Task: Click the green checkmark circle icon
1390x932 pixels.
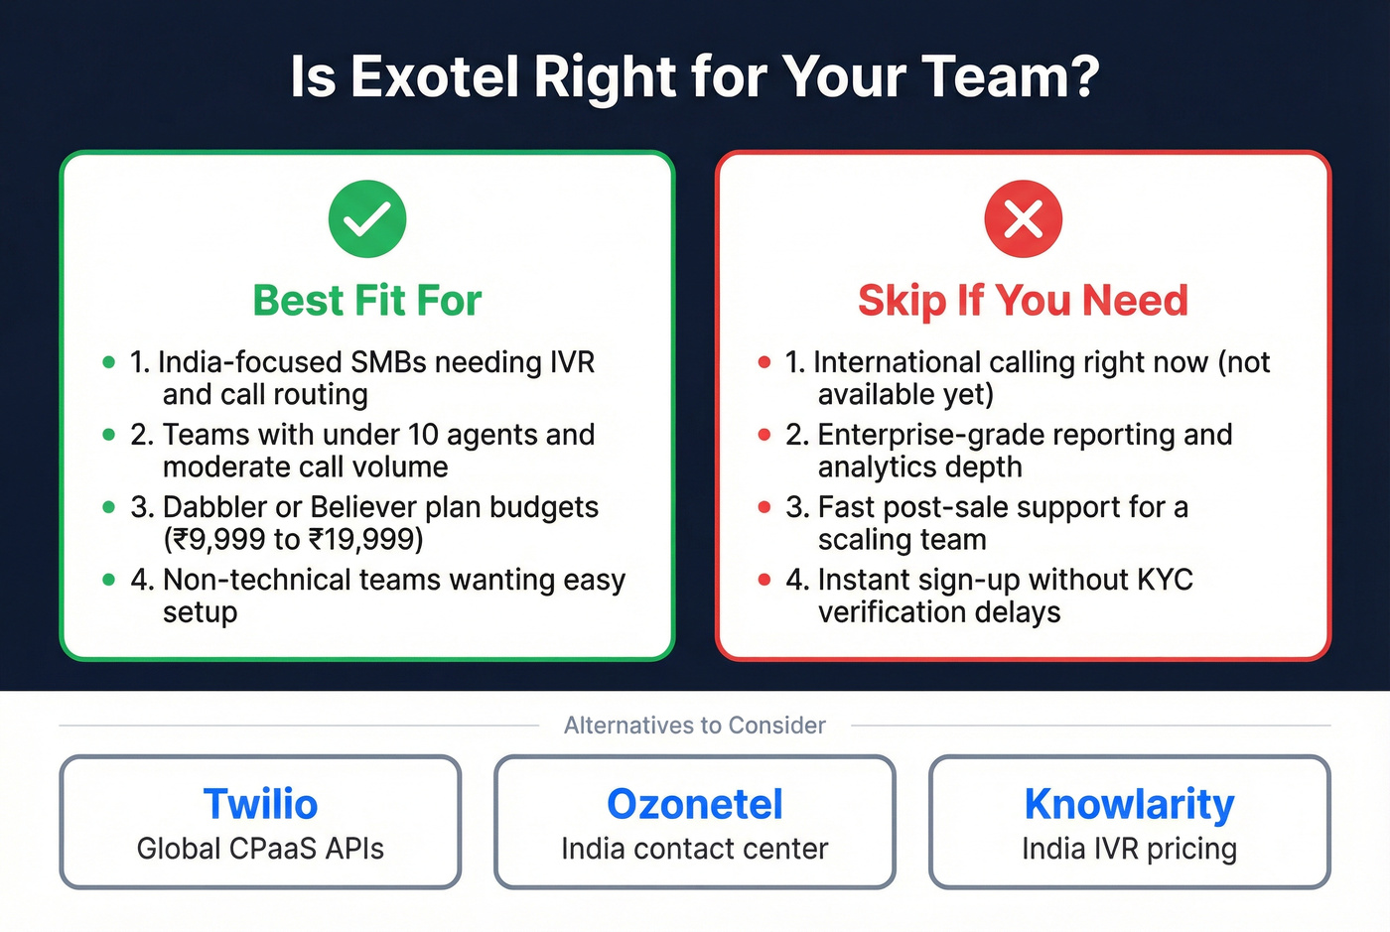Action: coord(367,219)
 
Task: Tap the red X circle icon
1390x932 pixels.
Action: coord(1023,219)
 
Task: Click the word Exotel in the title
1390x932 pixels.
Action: coord(434,76)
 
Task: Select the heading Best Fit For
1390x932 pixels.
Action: coord(367,301)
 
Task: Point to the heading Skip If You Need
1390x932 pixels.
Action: coord(1023,301)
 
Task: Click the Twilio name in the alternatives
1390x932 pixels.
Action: coord(260,804)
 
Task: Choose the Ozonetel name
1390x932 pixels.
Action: coord(695,804)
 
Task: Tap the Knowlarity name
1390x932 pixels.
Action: coord(1129,804)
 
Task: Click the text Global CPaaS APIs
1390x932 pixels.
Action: coord(260,849)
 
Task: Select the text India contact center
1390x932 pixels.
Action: coord(695,849)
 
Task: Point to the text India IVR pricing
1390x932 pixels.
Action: coord(1129,849)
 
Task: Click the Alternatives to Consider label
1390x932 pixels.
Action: coord(695,726)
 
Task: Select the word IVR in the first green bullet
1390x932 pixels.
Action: coord(572,362)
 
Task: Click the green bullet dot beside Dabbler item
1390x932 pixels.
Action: coord(109,507)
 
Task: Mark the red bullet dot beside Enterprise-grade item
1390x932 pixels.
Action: coord(764,435)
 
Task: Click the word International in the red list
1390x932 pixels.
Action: coord(895,362)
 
